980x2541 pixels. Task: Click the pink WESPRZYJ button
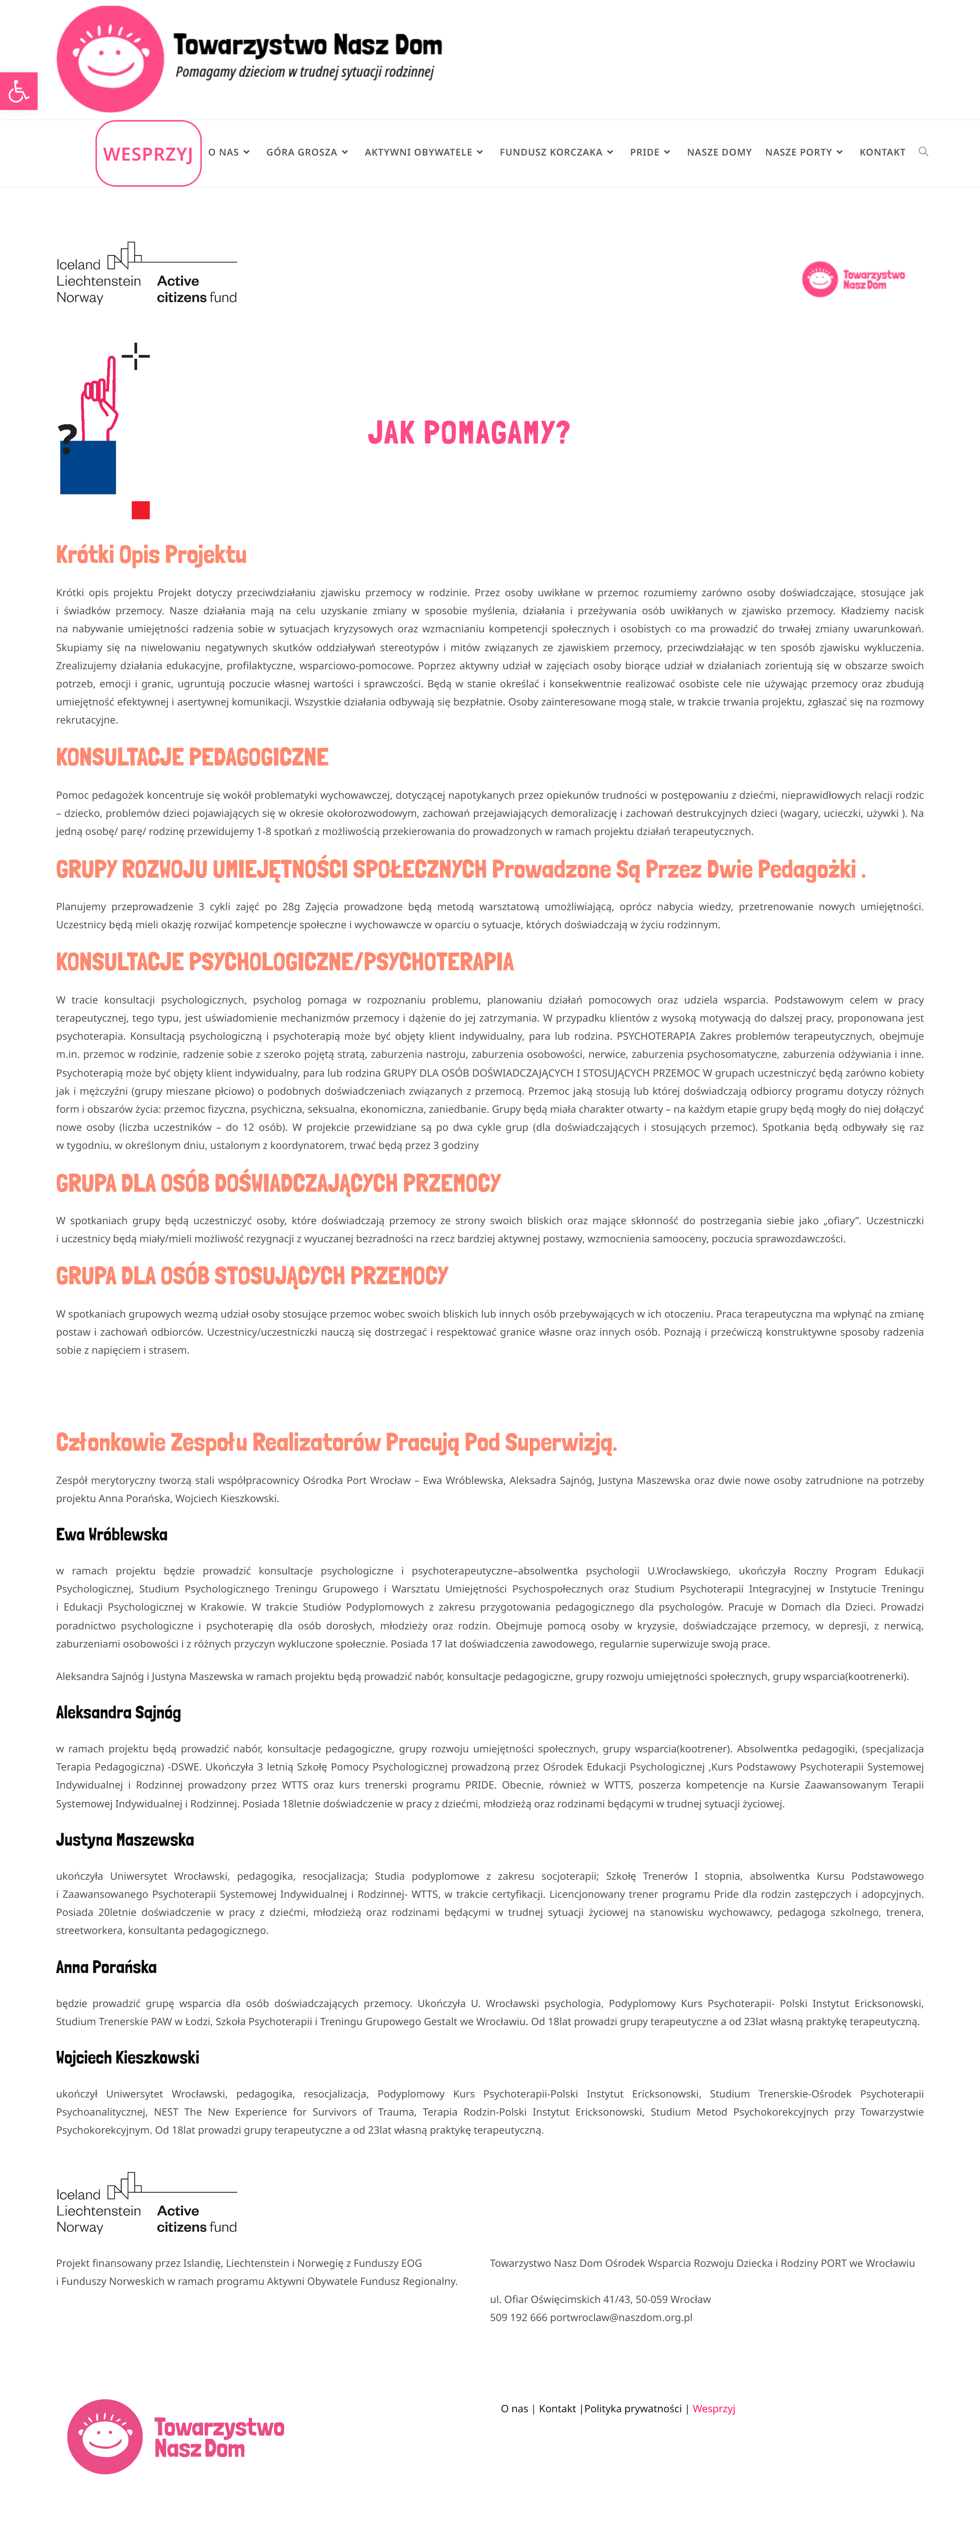pyautogui.click(x=148, y=154)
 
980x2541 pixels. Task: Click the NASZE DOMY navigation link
pyautogui.click(x=719, y=152)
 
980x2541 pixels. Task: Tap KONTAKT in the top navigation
pyautogui.click(x=881, y=152)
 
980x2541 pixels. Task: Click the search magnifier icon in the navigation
pyautogui.click(x=923, y=151)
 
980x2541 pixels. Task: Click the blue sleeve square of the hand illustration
pyautogui.click(x=88, y=467)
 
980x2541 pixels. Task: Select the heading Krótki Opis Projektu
pyautogui.click(x=151, y=554)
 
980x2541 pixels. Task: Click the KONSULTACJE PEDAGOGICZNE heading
pyautogui.click(x=192, y=756)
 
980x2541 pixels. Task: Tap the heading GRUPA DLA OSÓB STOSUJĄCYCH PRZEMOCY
pyautogui.click(x=251, y=1276)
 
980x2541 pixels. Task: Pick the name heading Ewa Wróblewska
pyautogui.click(x=111, y=1534)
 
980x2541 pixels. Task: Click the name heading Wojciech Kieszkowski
pyautogui.click(x=127, y=2057)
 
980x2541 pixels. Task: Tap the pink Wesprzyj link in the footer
pyautogui.click(x=714, y=2408)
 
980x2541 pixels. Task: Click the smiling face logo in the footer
pyautogui.click(x=105, y=2435)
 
